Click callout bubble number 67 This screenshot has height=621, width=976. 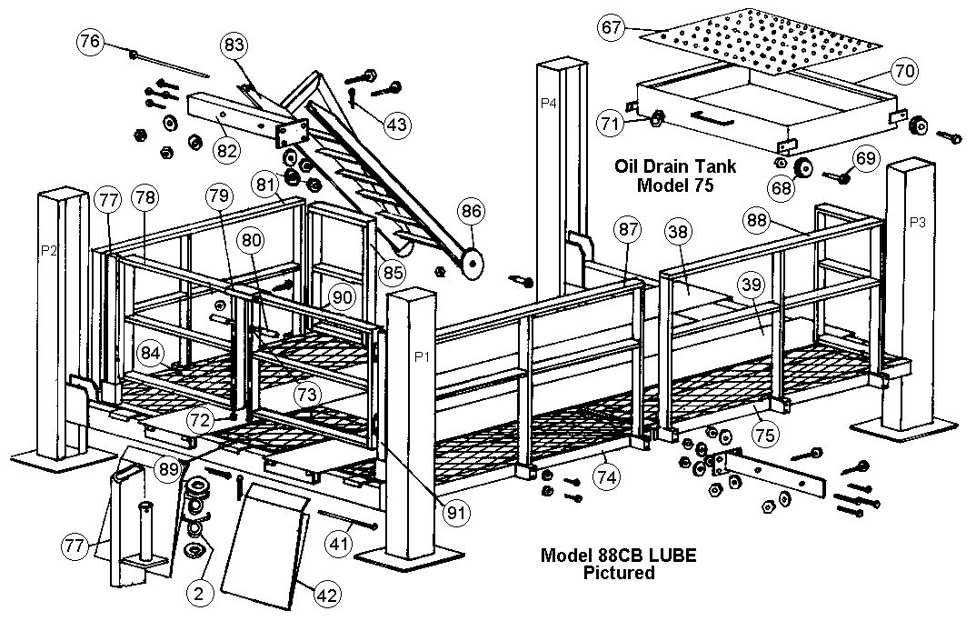611,29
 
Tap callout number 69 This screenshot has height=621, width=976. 866,158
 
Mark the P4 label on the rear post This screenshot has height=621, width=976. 548,104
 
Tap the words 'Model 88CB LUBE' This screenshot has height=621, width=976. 607,555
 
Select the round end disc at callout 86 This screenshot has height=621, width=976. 470,264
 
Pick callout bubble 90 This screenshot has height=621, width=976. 341,298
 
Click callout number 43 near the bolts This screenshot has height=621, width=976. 395,125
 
